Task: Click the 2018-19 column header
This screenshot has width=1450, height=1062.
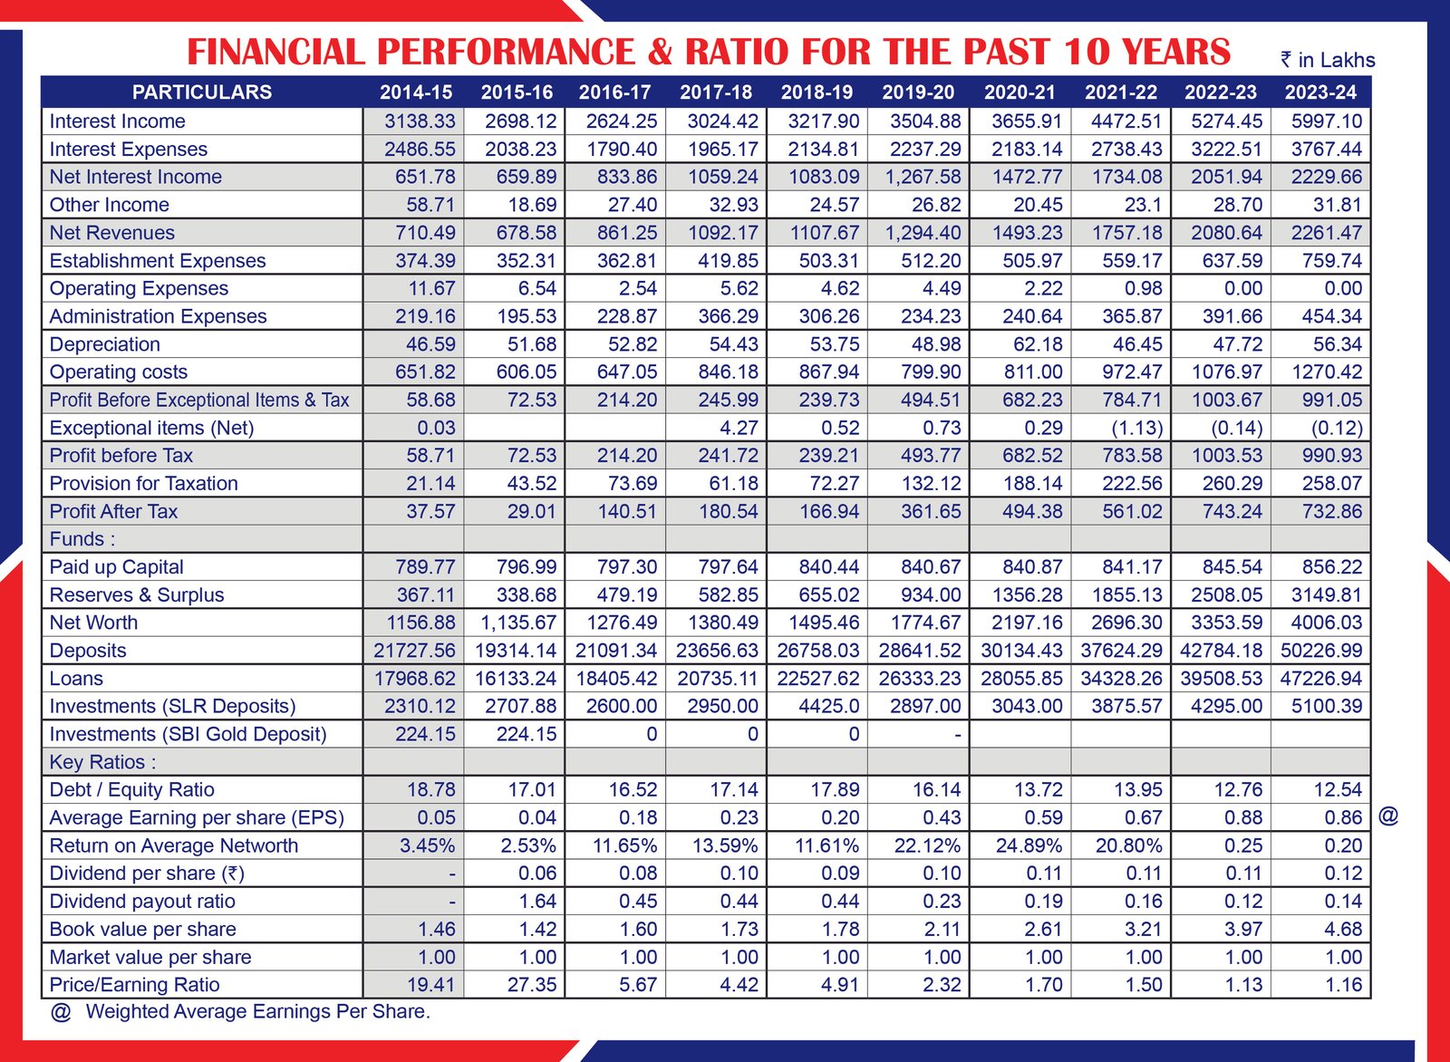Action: pos(817,92)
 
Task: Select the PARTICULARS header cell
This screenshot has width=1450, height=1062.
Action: pos(202,92)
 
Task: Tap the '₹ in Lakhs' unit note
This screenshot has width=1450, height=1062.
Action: pos(1328,60)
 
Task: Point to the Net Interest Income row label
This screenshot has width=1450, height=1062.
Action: pos(135,177)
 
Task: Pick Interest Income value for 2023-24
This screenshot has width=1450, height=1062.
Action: pos(1327,121)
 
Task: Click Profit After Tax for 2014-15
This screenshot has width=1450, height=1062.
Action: pos(430,511)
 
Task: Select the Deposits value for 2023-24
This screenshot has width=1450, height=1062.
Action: pos(1321,651)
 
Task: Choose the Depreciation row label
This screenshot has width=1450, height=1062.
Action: pos(105,344)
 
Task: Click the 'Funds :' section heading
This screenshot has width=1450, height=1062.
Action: pos(82,539)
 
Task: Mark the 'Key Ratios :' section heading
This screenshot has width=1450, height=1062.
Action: pos(103,762)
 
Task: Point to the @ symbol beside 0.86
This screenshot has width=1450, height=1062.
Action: pos(1388,816)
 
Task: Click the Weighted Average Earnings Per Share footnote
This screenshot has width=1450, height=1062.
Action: pos(257,1011)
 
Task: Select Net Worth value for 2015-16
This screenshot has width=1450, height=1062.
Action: pos(517,623)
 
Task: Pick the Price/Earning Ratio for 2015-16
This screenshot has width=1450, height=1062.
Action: pos(532,984)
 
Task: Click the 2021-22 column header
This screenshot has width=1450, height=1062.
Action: pos(1120,92)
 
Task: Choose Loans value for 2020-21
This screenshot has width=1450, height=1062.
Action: pos(1021,678)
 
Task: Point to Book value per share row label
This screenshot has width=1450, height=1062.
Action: pos(143,929)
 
